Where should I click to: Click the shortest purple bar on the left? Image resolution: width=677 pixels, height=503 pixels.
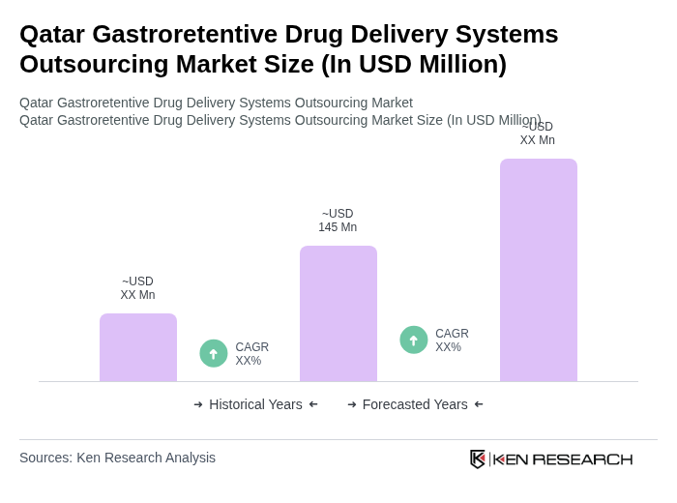pos(138,347)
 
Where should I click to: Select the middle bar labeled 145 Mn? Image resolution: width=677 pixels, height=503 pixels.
pos(338,313)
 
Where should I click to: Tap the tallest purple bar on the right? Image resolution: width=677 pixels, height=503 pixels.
pos(539,270)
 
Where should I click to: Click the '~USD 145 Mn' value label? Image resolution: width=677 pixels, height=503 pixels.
pos(338,221)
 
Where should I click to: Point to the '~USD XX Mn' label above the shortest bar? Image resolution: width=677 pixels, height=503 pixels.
pos(137,288)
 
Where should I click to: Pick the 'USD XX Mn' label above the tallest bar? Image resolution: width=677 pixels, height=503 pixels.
pos(538,133)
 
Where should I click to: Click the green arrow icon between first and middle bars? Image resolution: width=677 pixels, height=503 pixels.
pos(214,354)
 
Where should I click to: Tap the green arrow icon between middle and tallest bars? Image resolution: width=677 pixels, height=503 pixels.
pos(414,340)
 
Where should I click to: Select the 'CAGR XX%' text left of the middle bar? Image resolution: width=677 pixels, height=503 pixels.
pos(251,354)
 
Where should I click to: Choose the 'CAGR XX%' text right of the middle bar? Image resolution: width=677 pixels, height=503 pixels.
pos(452,340)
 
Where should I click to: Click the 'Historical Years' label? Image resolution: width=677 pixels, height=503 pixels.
pos(255,404)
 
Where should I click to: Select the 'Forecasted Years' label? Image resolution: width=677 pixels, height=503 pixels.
pos(415,404)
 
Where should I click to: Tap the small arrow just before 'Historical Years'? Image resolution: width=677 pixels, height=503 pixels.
pos(198,404)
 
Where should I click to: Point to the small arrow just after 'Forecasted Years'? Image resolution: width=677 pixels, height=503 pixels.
pos(479,404)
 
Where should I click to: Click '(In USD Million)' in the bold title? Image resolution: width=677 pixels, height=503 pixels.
pos(414,64)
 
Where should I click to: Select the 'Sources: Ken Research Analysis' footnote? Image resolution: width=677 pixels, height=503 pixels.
pos(117,458)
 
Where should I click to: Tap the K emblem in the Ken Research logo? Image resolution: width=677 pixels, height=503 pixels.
pos(478,459)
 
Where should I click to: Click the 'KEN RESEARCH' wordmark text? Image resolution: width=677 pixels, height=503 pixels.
pos(563,459)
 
